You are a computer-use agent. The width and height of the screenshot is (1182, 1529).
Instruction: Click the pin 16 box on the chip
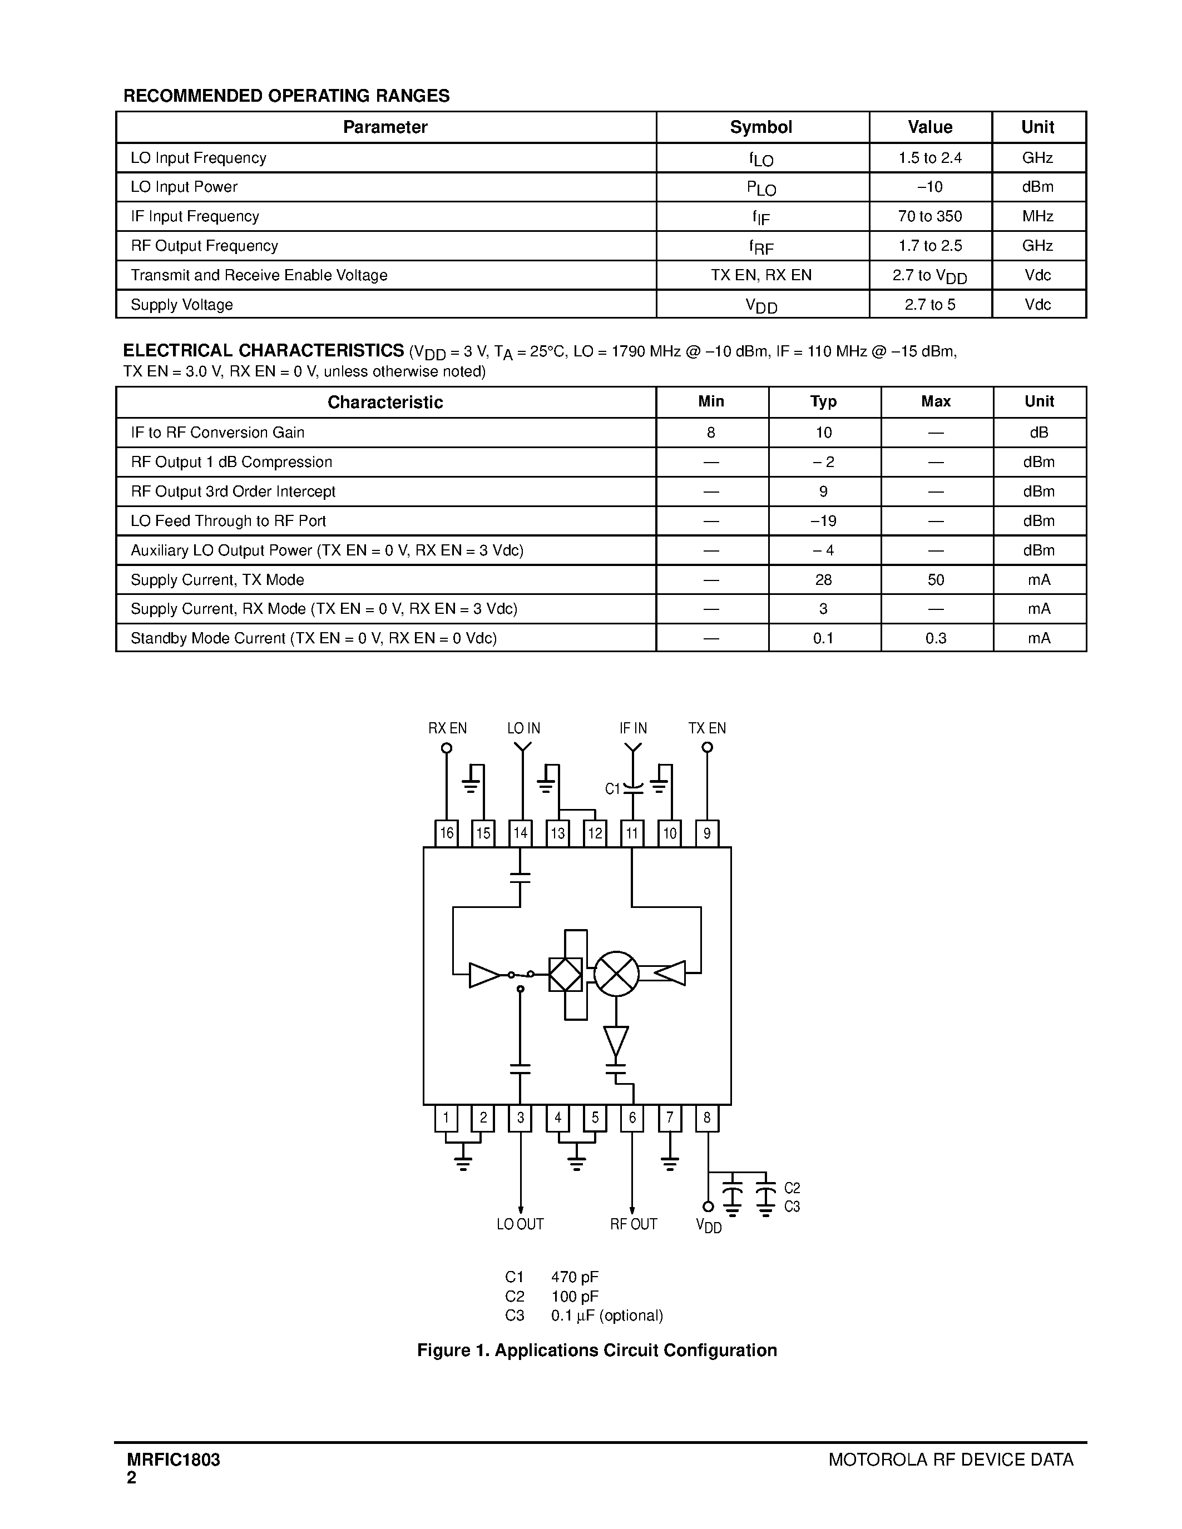click(446, 833)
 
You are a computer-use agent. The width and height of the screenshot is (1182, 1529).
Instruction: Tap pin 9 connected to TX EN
click(706, 833)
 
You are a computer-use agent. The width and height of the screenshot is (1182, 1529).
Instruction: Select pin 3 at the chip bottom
click(520, 1118)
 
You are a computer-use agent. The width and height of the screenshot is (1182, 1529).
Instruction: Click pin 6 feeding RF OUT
click(632, 1118)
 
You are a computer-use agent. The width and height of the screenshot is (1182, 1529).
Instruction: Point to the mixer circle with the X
click(616, 974)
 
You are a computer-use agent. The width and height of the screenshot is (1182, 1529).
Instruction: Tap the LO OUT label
click(520, 1224)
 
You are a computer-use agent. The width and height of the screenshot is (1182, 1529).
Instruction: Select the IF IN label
click(633, 728)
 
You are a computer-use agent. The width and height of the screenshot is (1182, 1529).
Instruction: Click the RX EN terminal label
click(447, 728)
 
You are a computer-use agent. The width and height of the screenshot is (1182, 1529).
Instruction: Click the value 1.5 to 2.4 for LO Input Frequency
click(930, 158)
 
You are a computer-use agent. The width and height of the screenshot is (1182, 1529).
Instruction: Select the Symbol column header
click(761, 127)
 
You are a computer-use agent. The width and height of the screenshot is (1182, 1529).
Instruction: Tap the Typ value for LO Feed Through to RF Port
click(823, 521)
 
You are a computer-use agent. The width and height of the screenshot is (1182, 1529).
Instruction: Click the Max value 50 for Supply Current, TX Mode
click(936, 580)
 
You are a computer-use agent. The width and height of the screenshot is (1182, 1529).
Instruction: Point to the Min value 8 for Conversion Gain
click(711, 433)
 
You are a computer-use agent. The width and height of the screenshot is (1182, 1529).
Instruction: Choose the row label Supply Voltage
click(182, 305)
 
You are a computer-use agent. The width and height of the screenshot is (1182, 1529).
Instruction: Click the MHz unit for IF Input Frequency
click(1038, 216)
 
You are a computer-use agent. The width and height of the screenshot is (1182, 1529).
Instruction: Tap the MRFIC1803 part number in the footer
click(174, 1460)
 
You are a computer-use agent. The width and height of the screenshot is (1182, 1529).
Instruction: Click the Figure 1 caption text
click(597, 1350)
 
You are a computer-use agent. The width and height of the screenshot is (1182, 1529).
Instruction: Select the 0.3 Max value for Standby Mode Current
click(936, 638)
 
